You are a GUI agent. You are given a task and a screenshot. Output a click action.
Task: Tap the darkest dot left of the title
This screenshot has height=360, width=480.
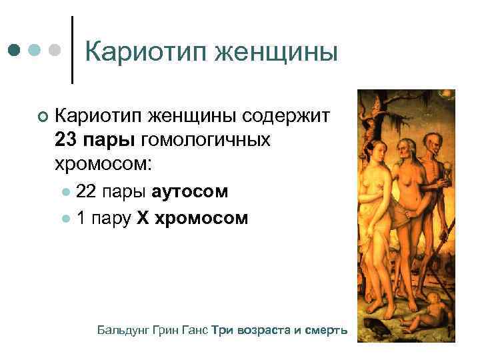(x=14, y=51)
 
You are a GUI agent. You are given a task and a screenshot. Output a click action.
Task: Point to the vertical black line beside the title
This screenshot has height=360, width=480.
(x=71, y=50)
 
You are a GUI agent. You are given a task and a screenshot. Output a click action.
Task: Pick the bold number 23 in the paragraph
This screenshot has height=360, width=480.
(x=68, y=140)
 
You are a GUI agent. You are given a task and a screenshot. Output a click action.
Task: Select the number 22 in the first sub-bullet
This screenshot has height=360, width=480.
(x=86, y=191)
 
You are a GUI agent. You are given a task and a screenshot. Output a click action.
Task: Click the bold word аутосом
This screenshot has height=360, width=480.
(x=190, y=191)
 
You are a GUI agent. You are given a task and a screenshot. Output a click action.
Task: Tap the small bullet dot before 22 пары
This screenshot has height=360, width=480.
(x=66, y=192)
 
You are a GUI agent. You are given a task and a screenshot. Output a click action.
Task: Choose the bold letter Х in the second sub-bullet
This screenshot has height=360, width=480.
(x=143, y=217)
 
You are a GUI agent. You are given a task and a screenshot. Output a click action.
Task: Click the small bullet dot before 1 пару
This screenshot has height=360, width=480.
(x=66, y=218)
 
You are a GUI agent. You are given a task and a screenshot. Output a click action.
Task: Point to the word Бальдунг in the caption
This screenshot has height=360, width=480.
(x=122, y=330)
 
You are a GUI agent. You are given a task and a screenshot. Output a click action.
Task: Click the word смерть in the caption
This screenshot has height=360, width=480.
(x=328, y=330)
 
